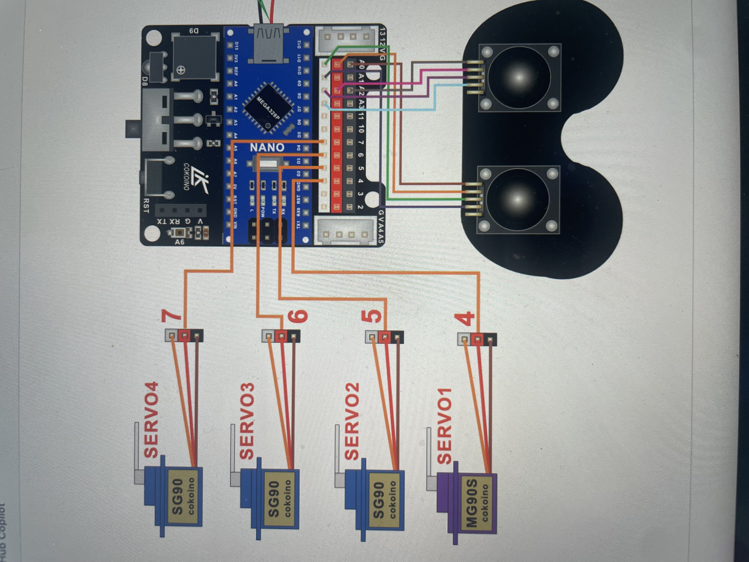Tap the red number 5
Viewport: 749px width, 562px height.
(372, 317)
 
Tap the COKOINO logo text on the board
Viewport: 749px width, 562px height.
(186, 176)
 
